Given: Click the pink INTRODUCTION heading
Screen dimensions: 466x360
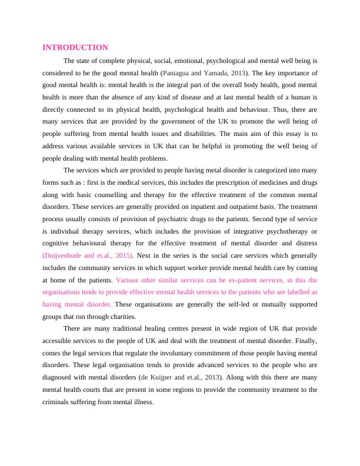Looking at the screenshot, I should (75, 47).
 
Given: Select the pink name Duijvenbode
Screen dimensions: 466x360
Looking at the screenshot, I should (65, 255).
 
